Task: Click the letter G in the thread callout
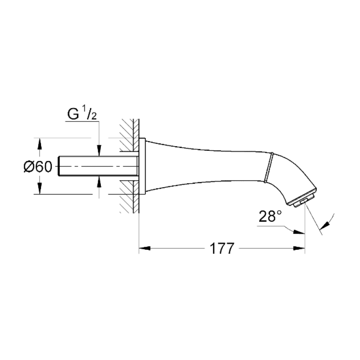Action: pyautogui.click(x=72, y=113)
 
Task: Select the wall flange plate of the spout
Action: pyautogui.click(x=142, y=166)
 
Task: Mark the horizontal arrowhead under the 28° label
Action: pyautogui.click(x=297, y=233)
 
